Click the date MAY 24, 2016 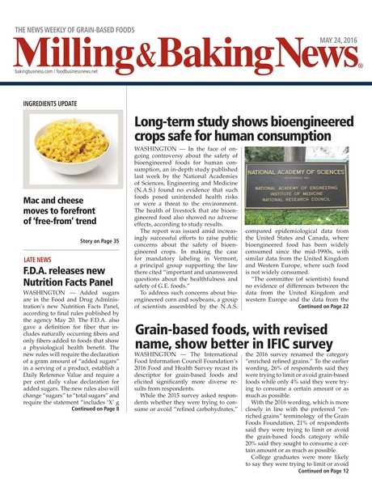pos(338,40)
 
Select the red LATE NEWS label pos(38,260)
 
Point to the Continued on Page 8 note pos(95,409)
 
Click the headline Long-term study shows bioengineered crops pos(241,129)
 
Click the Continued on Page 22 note pos(323,307)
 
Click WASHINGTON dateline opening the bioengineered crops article pos(161,151)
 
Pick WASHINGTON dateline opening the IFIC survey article pos(161,355)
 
